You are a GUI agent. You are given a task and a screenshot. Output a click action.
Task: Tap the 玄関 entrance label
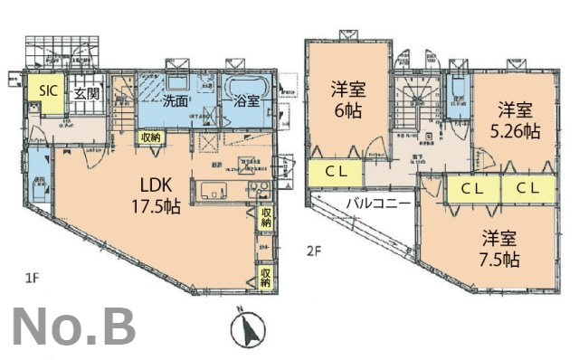coord(87,92)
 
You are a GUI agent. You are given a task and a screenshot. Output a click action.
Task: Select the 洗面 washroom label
coord(176,101)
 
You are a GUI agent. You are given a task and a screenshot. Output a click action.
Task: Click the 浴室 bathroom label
coord(247,102)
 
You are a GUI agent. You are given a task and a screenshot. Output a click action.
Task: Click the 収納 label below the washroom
coord(151,137)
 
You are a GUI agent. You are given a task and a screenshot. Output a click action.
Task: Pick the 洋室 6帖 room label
coord(346,99)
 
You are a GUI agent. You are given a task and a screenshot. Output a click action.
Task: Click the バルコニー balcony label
coord(377,203)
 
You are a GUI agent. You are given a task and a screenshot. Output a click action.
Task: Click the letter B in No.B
coord(116,327)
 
